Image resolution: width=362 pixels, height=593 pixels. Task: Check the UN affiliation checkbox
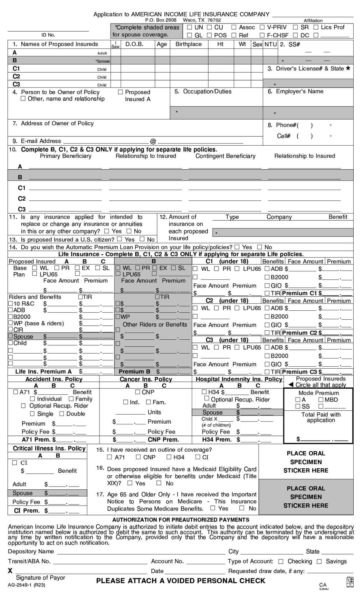[x=189, y=28]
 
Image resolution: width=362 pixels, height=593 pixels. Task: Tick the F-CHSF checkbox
[x=262, y=35]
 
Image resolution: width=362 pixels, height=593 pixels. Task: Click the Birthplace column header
[x=189, y=44]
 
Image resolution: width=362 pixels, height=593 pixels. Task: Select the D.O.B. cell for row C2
[x=138, y=76]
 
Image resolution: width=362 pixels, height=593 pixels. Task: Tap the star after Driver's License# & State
[x=348, y=68]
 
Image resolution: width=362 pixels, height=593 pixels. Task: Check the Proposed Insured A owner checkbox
[x=120, y=92]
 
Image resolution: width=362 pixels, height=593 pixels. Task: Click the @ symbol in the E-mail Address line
[x=153, y=141]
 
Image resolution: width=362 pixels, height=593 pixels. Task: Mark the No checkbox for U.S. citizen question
[x=142, y=239]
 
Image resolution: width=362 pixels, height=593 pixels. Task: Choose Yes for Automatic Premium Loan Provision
[x=237, y=247]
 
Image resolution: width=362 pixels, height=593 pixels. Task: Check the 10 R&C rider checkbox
[x=11, y=303]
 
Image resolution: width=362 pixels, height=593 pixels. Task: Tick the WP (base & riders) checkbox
[x=11, y=323]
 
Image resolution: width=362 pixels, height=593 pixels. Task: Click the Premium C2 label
[x=299, y=333]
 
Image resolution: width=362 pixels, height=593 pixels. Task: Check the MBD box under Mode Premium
[x=321, y=400]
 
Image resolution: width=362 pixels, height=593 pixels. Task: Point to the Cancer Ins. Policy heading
[x=146, y=379]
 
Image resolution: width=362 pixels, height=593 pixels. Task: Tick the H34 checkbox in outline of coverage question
[x=169, y=457]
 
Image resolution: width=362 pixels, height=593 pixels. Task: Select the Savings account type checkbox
[x=319, y=561]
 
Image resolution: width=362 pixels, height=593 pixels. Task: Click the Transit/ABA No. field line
[x=100, y=562]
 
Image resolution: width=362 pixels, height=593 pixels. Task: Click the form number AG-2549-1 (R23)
[x=26, y=585]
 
